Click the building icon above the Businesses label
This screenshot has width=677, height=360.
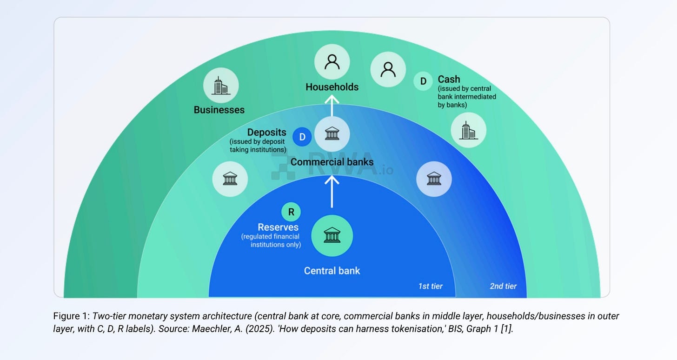[221, 85]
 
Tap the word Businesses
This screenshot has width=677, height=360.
[219, 110]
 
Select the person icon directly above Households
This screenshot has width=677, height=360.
[332, 61]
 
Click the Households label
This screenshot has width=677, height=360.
[332, 87]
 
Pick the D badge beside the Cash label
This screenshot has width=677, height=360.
[423, 81]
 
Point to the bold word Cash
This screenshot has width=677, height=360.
[449, 79]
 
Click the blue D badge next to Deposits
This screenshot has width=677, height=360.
[302, 137]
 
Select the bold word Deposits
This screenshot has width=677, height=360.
[266, 133]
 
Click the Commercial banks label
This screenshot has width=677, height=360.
[332, 162]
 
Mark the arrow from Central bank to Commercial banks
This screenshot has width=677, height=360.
[332, 191]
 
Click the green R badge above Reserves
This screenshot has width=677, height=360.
[291, 212]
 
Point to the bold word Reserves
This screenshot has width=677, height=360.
[278, 227]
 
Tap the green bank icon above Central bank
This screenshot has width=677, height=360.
[332, 236]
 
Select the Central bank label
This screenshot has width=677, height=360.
[332, 271]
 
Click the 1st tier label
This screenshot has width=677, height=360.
[430, 286]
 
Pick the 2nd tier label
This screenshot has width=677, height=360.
[503, 286]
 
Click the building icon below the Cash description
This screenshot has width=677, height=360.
[468, 130]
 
